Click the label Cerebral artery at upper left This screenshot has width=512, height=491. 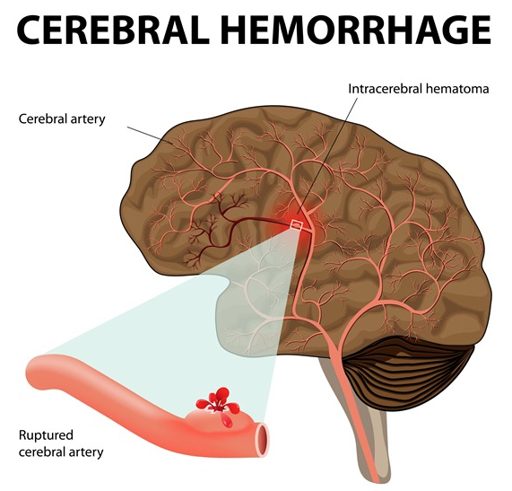click(x=62, y=118)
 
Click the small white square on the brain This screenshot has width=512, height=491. click(x=297, y=225)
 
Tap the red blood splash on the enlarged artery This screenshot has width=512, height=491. click(x=218, y=400)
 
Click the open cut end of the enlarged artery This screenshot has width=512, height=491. click(x=263, y=439)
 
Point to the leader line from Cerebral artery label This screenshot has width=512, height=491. click(x=150, y=136)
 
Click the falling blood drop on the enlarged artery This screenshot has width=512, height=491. click(x=227, y=422)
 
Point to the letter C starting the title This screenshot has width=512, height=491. click(x=29, y=30)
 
